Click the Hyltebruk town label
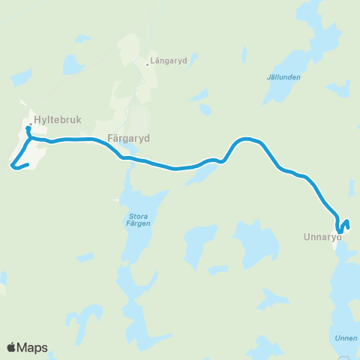(x=56, y=118)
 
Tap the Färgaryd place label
(x=129, y=139)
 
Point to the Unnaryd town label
(x=322, y=238)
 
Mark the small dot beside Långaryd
(x=147, y=63)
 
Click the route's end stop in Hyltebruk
(x=28, y=129)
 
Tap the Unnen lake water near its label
(x=341, y=300)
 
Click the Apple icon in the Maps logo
(x=12, y=347)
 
